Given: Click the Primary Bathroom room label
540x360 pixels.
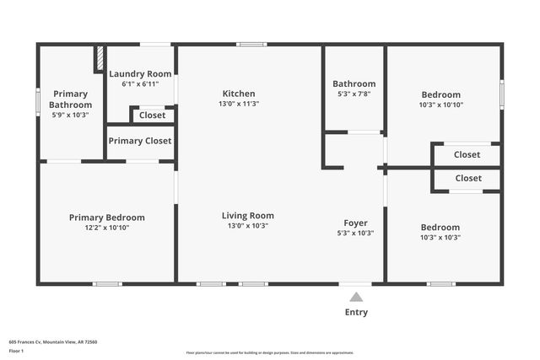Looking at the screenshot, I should click(x=71, y=99).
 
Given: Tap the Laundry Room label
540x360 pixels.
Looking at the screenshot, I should click(x=140, y=74).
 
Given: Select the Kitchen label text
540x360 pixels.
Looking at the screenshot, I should click(x=238, y=94).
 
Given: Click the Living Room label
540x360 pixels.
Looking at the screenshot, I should click(x=247, y=216).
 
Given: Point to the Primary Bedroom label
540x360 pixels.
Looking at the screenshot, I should click(x=106, y=218).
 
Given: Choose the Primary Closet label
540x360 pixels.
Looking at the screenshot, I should click(x=139, y=141).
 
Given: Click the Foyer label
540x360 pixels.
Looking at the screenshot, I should click(x=355, y=223).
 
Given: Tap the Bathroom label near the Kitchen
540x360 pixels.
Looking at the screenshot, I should click(x=354, y=83).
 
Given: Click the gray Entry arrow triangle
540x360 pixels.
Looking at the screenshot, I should click(x=356, y=297).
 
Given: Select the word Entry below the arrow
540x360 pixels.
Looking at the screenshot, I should click(x=356, y=313).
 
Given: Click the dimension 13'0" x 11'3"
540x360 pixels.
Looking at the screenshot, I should click(x=238, y=104).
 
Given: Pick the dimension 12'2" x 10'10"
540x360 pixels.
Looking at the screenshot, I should click(x=106, y=228).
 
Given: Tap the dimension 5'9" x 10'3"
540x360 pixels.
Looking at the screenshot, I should click(x=71, y=115).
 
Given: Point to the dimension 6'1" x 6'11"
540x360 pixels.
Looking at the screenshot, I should click(x=140, y=84).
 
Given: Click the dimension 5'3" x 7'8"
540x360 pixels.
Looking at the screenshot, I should click(x=354, y=94).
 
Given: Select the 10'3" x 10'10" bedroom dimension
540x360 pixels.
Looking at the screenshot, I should click(x=440, y=105).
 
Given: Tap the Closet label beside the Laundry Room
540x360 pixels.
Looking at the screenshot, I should click(x=153, y=115).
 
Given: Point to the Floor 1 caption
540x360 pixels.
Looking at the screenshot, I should click(x=17, y=351).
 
